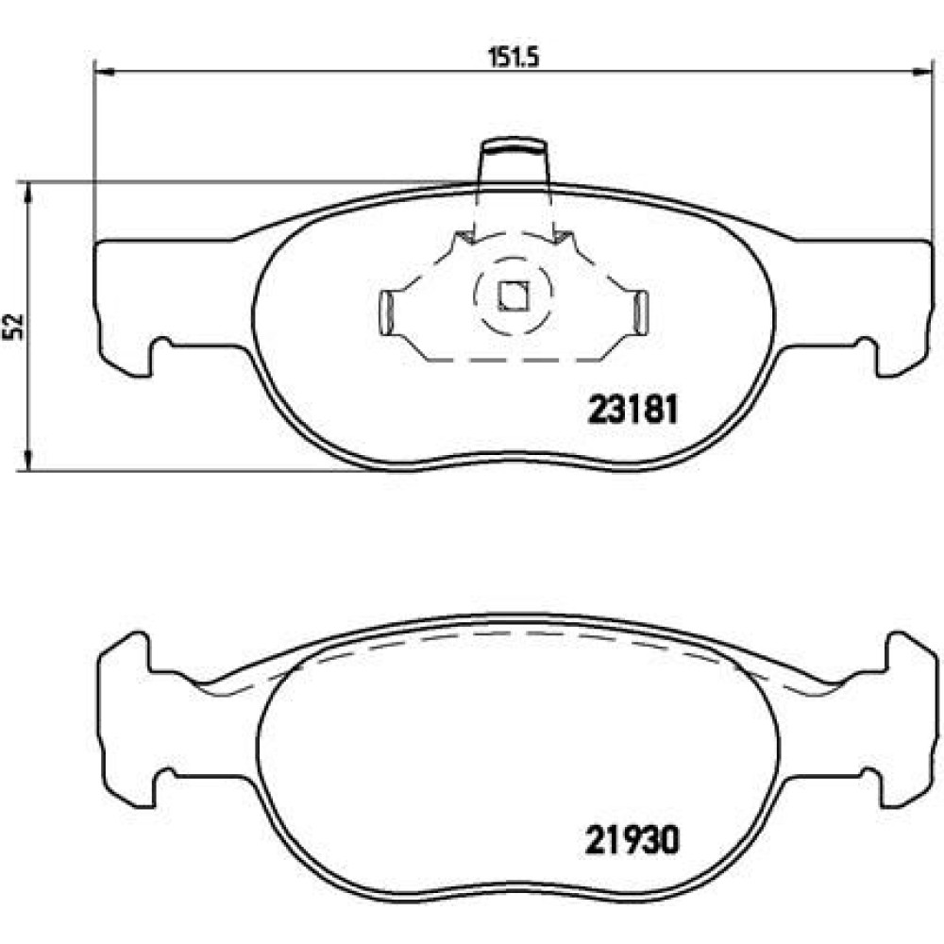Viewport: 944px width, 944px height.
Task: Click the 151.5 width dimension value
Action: (513, 58)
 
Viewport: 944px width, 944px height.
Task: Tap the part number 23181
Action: (632, 411)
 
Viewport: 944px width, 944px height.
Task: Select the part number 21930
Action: (632, 840)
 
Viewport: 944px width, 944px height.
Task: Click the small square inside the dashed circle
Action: (513, 296)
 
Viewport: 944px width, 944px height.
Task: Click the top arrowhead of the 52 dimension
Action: (27, 193)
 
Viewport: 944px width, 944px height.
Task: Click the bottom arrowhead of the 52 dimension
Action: (27, 460)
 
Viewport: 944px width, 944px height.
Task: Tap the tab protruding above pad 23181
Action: (514, 160)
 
